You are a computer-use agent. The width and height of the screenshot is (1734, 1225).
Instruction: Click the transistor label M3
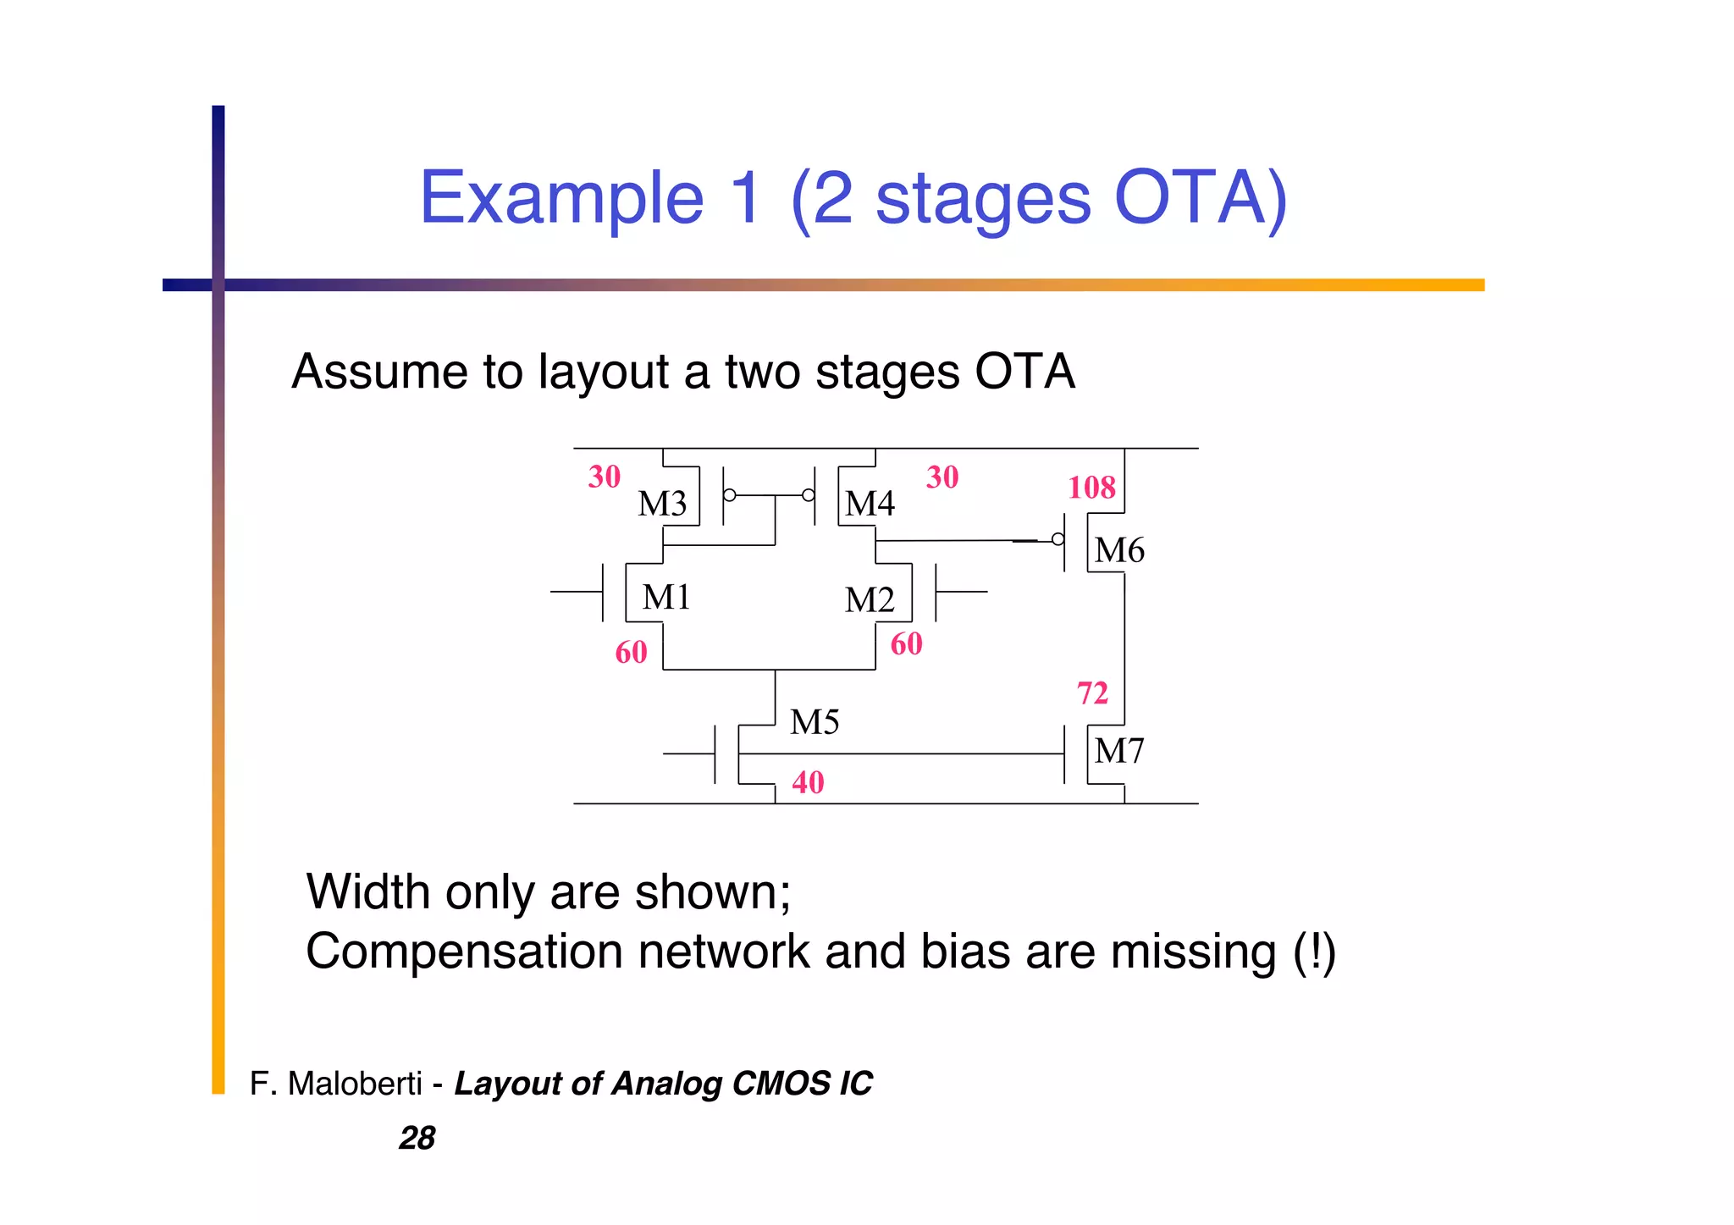(662, 504)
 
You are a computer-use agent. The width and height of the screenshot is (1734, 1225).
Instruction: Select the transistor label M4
(870, 504)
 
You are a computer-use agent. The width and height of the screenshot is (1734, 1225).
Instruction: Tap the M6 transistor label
(1119, 550)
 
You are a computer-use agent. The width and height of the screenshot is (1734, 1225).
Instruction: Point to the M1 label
(666, 597)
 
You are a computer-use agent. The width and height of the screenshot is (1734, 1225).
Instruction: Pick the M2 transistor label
(870, 599)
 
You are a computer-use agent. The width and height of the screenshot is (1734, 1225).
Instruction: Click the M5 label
(815, 722)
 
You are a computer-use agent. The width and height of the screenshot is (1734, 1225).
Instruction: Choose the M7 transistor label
(1119, 751)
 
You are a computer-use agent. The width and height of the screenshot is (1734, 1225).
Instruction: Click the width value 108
(1091, 488)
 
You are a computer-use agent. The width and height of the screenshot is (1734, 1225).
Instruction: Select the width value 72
(1092, 693)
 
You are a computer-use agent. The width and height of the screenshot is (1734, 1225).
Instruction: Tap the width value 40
(808, 782)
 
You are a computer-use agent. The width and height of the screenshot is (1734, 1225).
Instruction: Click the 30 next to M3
(605, 477)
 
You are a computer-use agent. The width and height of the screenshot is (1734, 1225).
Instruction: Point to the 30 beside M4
(942, 477)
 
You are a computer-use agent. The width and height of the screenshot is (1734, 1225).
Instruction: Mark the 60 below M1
(632, 652)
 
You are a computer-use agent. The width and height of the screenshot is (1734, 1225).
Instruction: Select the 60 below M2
(906, 643)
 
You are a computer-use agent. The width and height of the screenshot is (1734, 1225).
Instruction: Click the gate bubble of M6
(1058, 539)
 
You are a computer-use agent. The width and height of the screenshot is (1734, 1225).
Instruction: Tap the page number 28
(417, 1138)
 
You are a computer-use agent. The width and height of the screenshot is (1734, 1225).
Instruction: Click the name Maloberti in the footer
(355, 1084)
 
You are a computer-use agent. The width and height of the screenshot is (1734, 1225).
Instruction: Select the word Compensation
(464, 952)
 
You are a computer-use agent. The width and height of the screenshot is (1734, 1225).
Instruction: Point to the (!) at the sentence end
(1314, 952)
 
